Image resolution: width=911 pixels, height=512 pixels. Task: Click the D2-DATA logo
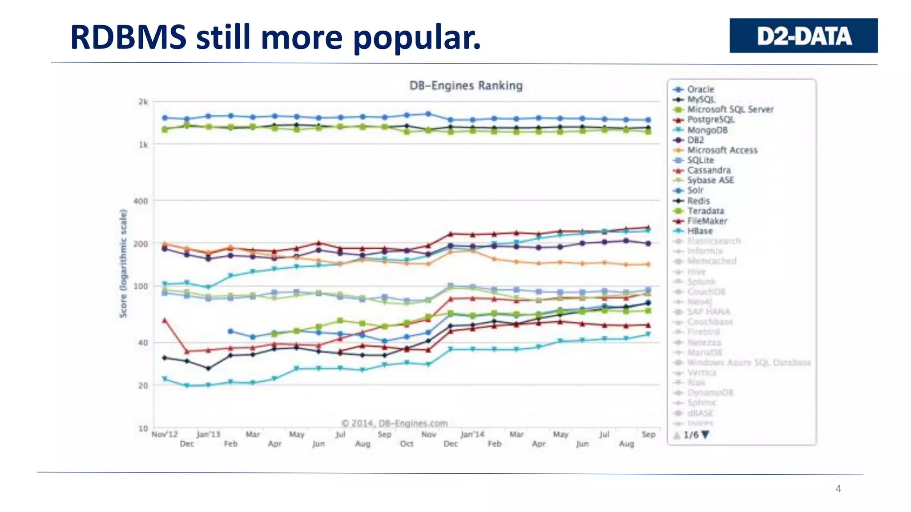pos(803,36)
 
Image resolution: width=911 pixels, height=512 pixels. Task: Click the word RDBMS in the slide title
pos(128,37)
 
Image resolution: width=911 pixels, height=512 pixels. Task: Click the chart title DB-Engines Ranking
pos(466,85)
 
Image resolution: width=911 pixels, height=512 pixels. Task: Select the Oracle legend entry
pos(700,89)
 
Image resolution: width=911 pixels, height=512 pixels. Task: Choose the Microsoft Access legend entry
pos(722,150)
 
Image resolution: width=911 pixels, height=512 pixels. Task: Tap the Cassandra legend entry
pos(708,170)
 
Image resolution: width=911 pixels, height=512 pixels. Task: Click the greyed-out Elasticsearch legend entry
pos(713,241)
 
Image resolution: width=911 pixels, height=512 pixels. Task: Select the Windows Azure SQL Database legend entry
pos(749,362)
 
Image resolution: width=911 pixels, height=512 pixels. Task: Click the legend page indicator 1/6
pos(691,435)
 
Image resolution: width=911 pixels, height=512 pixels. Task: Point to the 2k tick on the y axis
pos(143,102)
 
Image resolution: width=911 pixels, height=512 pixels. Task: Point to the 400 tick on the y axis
pos(141,201)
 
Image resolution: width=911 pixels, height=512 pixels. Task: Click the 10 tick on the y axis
pos(142,428)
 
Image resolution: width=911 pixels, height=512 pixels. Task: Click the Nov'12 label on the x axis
pos(165,434)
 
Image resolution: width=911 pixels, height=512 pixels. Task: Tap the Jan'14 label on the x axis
pos(472,434)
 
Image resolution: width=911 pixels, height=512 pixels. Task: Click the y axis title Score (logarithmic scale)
pos(123,263)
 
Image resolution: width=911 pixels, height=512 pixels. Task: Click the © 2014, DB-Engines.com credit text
pos(394,423)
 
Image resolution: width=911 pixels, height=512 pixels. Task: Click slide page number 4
pos(838,488)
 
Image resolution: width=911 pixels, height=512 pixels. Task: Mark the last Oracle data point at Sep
pos(648,120)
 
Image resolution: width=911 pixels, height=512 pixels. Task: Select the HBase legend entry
pos(699,231)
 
